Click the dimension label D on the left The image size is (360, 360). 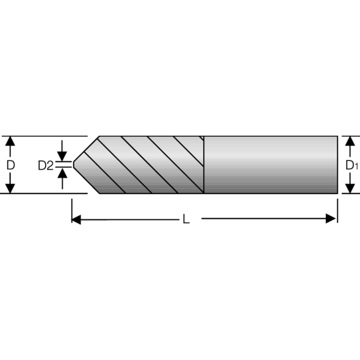point(11,165)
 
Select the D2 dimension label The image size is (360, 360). point(45,166)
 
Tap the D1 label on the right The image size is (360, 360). point(351,165)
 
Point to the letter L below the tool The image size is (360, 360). point(186,219)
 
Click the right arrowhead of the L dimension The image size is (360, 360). point(333,219)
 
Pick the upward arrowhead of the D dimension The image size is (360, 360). point(11,140)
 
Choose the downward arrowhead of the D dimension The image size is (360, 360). point(11,189)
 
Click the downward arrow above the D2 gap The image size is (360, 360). point(63,155)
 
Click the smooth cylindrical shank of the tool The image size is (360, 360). point(270,165)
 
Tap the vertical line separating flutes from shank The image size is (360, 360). point(204,165)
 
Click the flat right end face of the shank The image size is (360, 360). point(337,165)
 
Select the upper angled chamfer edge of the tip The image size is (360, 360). point(85,148)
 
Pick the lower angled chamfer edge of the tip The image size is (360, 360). point(85,181)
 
